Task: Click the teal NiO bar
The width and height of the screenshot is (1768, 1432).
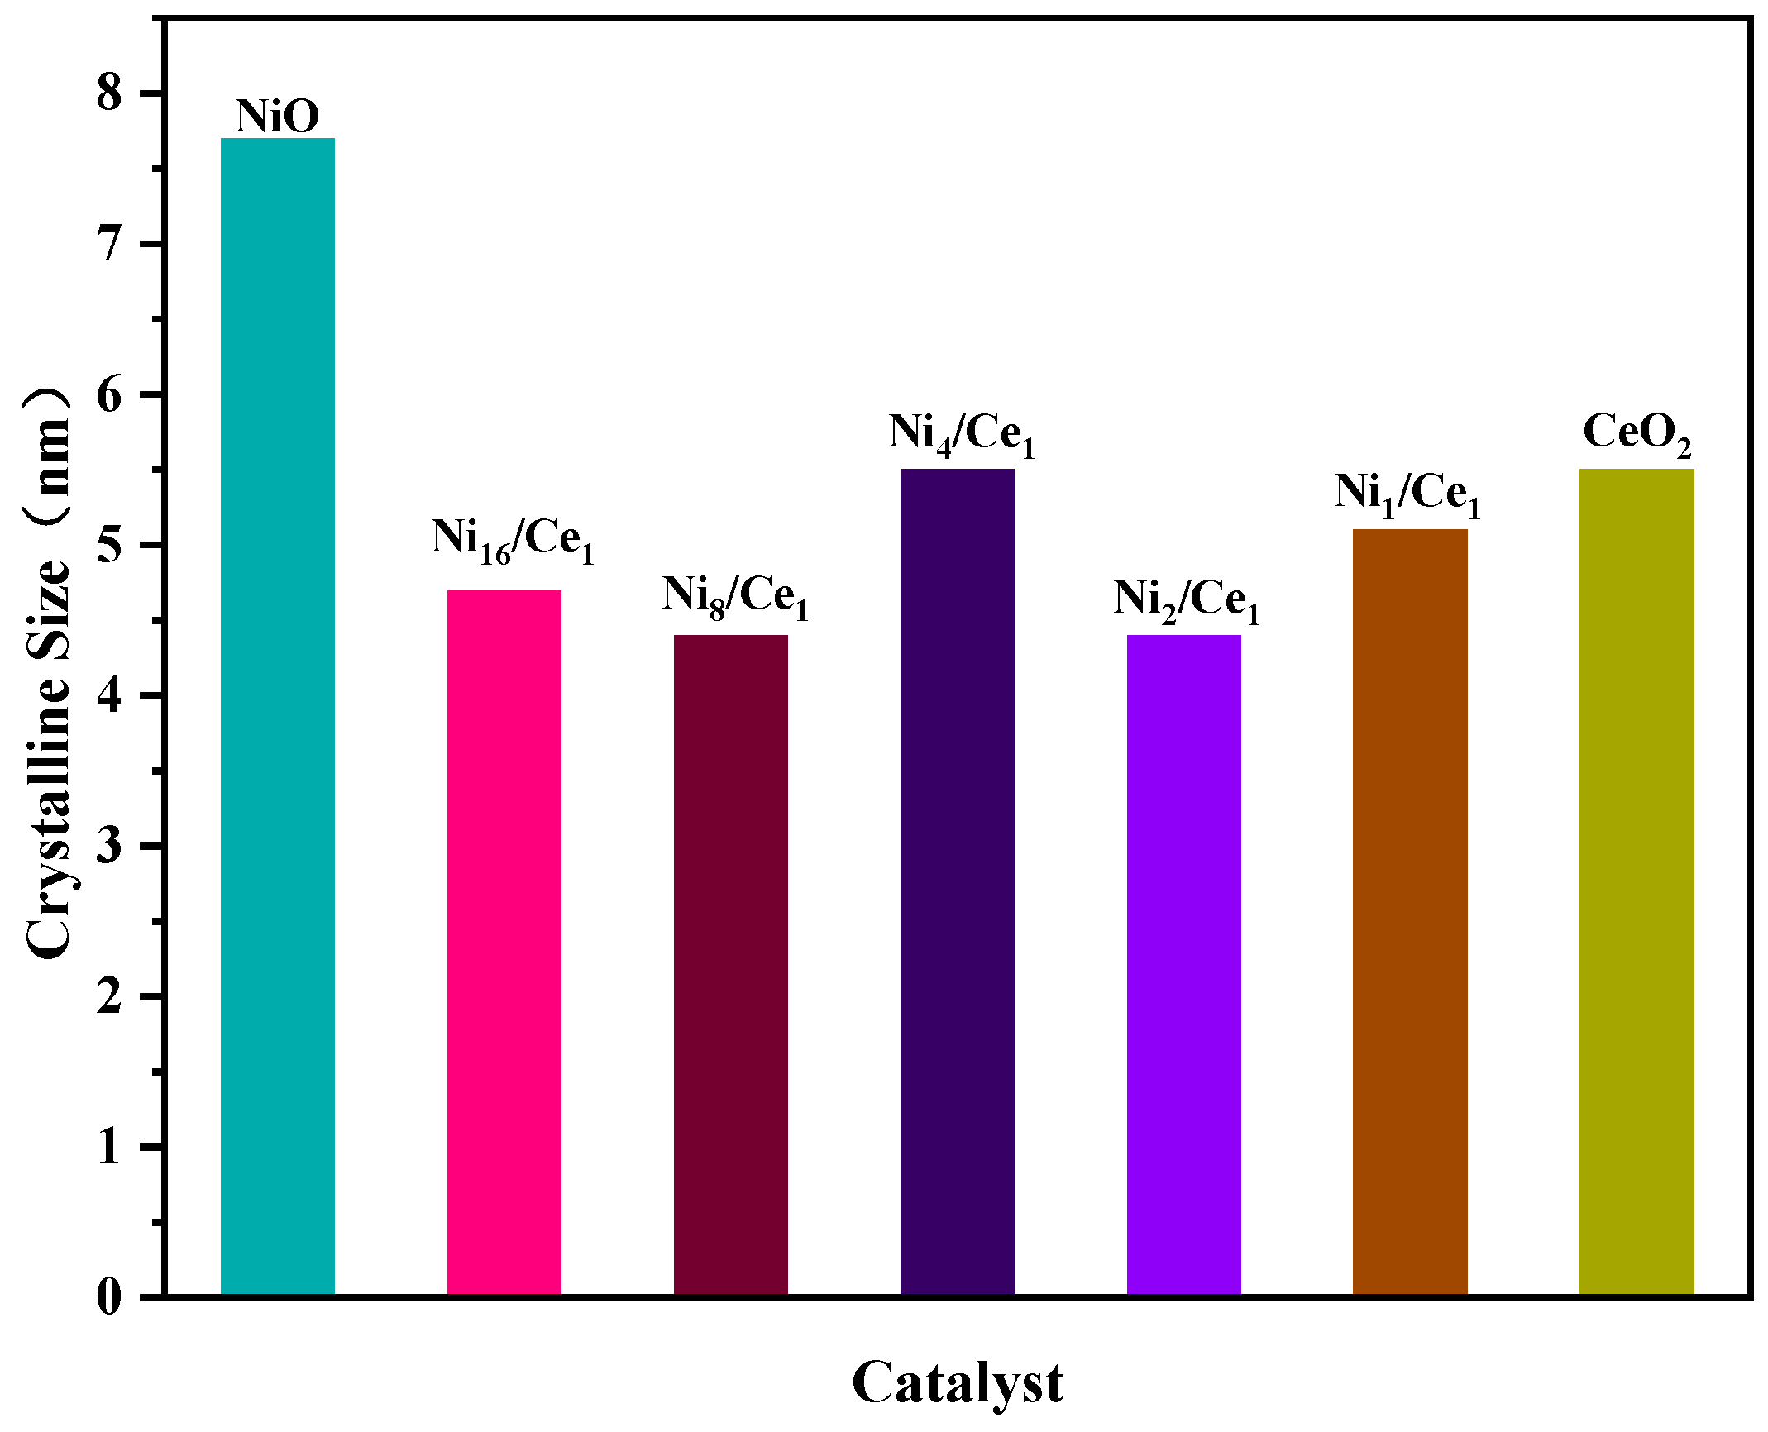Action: pos(278,716)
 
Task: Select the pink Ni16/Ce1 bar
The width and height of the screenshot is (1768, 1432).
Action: pos(504,943)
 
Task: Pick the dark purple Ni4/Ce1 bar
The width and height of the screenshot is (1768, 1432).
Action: pos(958,881)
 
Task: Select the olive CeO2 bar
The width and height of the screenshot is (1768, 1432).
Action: pos(1637,881)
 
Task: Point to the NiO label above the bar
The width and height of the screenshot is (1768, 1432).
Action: pos(278,116)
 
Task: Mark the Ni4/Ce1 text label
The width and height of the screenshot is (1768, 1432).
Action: pos(962,435)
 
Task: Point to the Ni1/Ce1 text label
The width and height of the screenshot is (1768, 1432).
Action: pos(1407,494)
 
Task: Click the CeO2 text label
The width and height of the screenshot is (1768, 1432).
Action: pos(1637,435)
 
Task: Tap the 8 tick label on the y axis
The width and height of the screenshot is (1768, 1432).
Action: pos(109,94)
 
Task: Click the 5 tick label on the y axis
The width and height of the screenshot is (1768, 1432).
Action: pos(109,546)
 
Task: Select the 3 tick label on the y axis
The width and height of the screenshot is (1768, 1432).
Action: pos(109,847)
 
